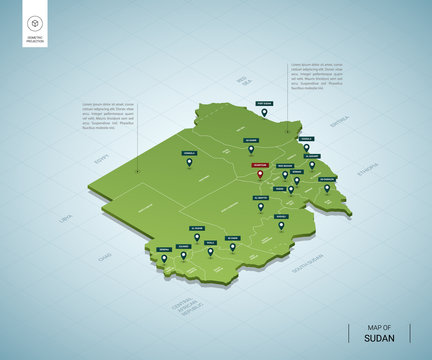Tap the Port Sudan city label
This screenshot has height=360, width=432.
264,104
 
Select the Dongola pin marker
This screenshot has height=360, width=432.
188,163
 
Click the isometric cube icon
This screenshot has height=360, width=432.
36,22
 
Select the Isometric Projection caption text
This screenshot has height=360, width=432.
36,43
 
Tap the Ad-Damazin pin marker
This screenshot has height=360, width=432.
326,187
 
